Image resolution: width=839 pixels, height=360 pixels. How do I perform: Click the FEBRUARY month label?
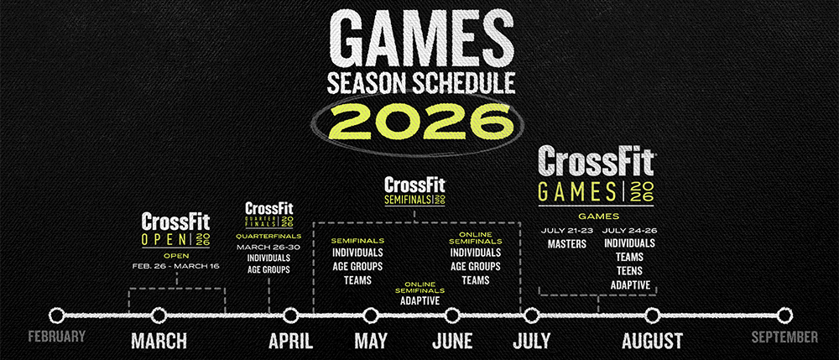pyautogui.click(x=57, y=337)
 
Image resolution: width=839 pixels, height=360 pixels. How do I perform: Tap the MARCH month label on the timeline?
pyautogui.click(x=159, y=341)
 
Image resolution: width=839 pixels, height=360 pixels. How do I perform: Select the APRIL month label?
pyautogui.click(x=290, y=341)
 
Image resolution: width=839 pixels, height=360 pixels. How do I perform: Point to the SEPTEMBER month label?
pyautogui.click(x=784, y=337)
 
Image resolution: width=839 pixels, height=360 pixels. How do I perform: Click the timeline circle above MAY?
pyautogui.click(x=370, y=316)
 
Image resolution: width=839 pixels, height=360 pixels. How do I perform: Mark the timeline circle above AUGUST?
pyautogui.click(x=652, y=316)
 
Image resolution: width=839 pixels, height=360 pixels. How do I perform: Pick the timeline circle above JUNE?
pyautogui.click(x=452, y=316)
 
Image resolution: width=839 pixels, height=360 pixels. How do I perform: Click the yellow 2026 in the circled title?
pyautogui.click(x=419, y=123)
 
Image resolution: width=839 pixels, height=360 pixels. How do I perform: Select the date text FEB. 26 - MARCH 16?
pyautogui.click(x=176, y=266)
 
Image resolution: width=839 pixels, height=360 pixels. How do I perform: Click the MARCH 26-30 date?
pyautogui.click(x=268, y=247)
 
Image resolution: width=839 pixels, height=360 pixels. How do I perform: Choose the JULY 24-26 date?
pyautogui.click(x=630, y=231)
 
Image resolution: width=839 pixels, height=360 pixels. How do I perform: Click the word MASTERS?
pyautogui.click(x=566, y=244)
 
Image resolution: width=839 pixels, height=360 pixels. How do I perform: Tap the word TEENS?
pyautogui.click(x=630, y=271)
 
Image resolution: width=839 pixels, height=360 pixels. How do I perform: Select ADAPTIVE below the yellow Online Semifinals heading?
pyautogui.click(x=420, y=300)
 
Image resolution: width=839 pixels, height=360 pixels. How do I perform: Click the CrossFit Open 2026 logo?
pyautogui.click(x=176, y=230)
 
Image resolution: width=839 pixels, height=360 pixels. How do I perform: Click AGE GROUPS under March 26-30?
pyautogui.click(x=268, y=270)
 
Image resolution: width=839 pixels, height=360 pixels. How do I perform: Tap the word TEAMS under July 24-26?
pyautogui.click(x=630, y=258)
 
